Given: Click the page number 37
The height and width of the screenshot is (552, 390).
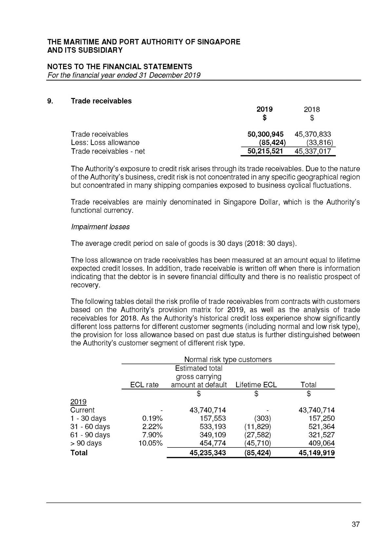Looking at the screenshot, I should (x=356, y=524).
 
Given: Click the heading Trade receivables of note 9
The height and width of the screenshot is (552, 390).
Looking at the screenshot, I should (x=101, y=101).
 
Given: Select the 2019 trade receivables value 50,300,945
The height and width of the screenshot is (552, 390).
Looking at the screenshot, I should (x=265, y=134).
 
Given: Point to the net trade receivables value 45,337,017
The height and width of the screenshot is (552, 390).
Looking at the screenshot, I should (x=313, y=151).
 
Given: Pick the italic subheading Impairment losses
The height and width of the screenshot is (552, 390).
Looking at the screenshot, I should (x=100, y=227).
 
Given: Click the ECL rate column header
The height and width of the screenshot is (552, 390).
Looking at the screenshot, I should (x=144, y=385).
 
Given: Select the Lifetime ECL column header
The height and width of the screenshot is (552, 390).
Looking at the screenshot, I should (x=256, y=385).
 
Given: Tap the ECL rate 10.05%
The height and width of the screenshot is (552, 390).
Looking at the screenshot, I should (x=151, y=443).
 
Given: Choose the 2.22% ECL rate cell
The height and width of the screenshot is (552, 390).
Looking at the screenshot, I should (x=152, y=426).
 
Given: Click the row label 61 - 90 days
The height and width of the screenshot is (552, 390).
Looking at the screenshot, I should (x=90, y=435).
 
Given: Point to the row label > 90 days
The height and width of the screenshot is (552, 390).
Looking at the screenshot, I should (x=86, y=443).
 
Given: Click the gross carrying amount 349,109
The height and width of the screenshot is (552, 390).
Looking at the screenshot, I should (x=213, y=435).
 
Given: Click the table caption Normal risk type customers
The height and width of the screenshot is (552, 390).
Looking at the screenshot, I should (x=228, y=360).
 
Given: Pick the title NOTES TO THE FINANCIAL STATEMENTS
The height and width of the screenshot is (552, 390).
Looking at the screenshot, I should (x=120, y=67).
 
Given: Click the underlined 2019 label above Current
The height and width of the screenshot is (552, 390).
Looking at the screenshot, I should (x=78, y=402).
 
